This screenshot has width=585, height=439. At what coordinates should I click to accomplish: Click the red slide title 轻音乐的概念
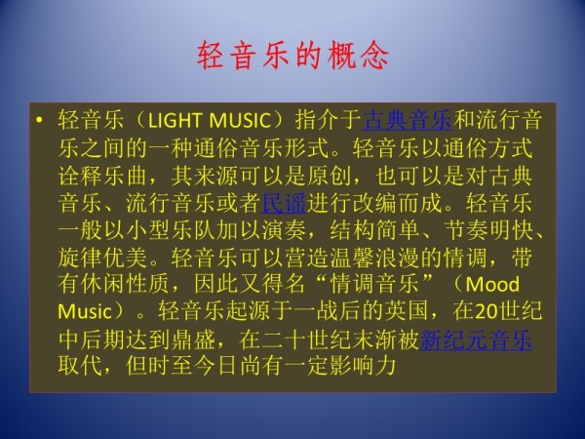tap(292, 53)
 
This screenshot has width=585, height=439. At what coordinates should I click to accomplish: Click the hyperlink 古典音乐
tap(407, 122)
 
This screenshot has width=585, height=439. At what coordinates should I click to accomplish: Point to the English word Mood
tap(493, 285)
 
